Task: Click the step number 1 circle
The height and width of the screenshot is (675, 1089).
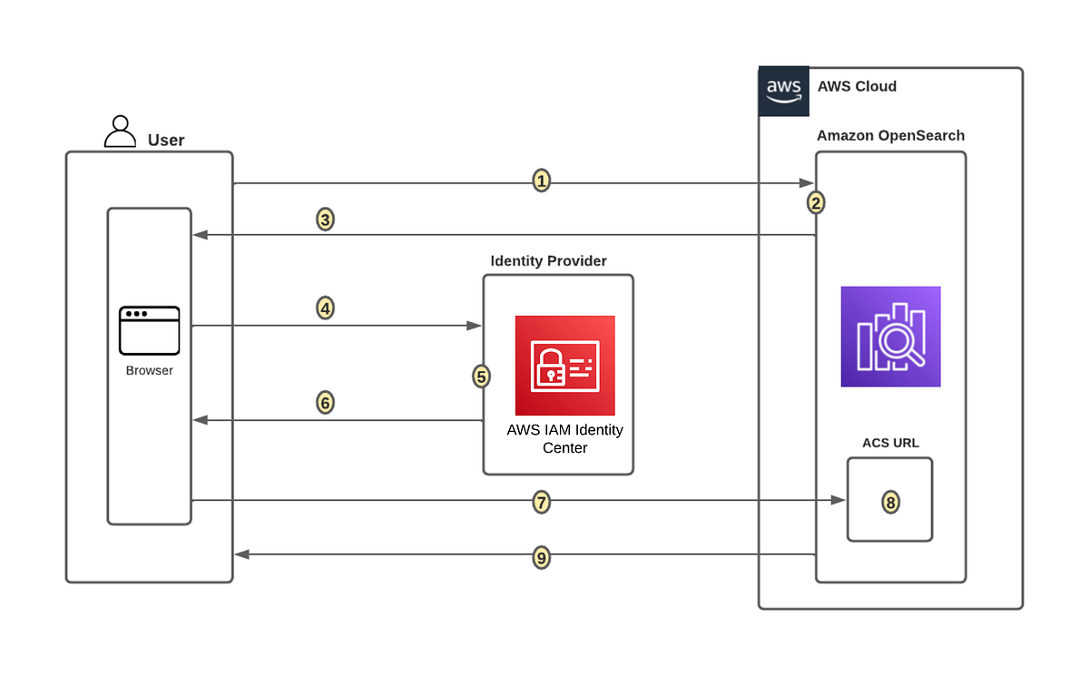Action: pyautogui.click(x=541, y=181)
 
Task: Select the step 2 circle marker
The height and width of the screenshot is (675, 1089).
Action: pyautogui.click(x=816, y=203)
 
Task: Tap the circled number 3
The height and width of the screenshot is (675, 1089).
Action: pyautogui.click(x=326, y=220)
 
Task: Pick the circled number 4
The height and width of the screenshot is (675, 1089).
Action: pyautogui.click(x=326, y=308)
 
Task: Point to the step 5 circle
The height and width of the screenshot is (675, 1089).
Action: pyautogui.click(x=482, y=376)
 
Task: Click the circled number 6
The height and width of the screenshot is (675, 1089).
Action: pyautogui.click(x=326, y=402)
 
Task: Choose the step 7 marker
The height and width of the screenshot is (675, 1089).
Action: pyautogui.click(x=541, y=501)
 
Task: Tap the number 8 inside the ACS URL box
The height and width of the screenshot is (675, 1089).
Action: pyautogui.click(x=890, y=502)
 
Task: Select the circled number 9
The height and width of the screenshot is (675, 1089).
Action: pyautogui.click(x=541, y=558)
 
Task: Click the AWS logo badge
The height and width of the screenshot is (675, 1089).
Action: pyautogui.click(x=783, y=91)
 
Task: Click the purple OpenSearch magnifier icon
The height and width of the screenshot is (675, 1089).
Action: pyautogui.click(x=890, y=337)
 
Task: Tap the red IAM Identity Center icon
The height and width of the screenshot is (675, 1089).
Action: pyautogui.click(x=564, y=365)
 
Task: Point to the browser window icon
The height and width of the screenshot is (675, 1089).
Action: pyautogui.click(x=149, y=330)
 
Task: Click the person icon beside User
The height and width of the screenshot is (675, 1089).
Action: pyautogui.click(x=120, y=132)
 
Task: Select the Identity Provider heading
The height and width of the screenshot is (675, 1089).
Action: pyautogui.click(x=548, y=261)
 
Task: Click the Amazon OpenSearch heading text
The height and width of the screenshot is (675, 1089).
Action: pyautogui.click(x=890, y=136)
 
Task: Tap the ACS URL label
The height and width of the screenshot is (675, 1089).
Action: pyautogui.click(x=890, y=444)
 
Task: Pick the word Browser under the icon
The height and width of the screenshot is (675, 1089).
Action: pyautogui.click(x=149, y=370)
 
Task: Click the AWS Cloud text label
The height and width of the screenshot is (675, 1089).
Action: pyautogui.click(x=857, y=87)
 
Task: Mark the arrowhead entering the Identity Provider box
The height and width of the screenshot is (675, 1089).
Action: pyautogui.click(x=475, y=325)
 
